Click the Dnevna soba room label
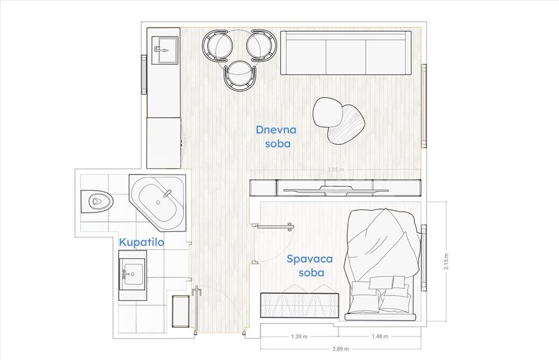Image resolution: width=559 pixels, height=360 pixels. pyautogui.click(x=276, y=136)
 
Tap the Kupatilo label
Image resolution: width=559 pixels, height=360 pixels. pyautogui.click(x=141, y=243)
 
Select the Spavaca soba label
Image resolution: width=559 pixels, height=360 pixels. pyautogui.click(x=310, y=266)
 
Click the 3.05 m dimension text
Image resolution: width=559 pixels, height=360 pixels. pyautogui.click(x=336, y=170)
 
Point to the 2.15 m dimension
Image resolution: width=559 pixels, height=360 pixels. pyautogui.click(x=446, y=261)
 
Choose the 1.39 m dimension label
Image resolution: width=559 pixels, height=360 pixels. pyautogui.click(x=299, y=337)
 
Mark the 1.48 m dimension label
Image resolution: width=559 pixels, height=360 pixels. pyautogui.click(x=380, y=336)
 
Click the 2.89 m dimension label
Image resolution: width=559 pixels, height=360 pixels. pyautogui.click(x=340, y=349)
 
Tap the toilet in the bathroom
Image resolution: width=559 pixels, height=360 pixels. pyautogui.click(x=97, y=201)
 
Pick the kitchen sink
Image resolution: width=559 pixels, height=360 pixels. pyautogui.click(x=165, y=50)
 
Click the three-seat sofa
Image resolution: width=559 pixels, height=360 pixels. pyautogui.click(x=346, y=53)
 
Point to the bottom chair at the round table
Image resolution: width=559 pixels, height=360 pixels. pyautogui.click(x=240, y=75)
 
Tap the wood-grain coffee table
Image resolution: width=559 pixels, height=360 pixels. pyautogui.click(x=347, y=124)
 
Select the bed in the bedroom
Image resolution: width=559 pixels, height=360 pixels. pyautogui.click(x=381, y=264)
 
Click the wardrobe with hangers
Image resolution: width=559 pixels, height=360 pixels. pyautogui.click(x=300, y=305)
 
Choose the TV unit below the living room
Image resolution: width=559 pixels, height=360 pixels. pyautogui.click(x=335, y=188)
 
